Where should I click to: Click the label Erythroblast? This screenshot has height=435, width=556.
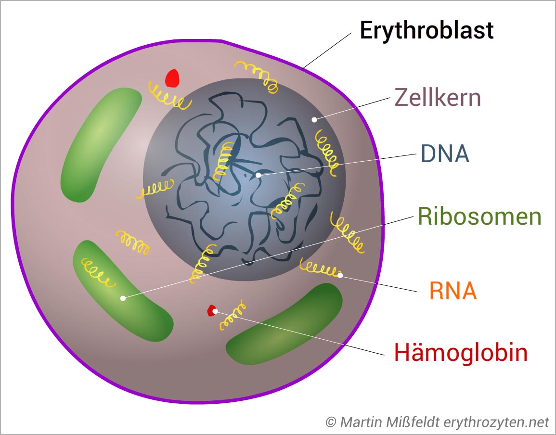(427, 30)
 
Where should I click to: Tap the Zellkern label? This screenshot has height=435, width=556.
(438, 97)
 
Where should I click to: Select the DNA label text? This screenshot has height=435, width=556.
(445, 154)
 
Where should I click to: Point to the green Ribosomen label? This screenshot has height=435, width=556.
(479, 216)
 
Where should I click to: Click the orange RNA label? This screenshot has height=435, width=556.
(453, 291)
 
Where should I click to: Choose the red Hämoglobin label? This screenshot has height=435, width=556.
(461, 352)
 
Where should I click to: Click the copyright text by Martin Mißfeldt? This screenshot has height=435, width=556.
(437, 422)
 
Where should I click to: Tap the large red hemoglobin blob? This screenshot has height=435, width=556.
(172, 78)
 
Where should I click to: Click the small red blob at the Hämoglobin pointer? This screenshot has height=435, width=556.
(212, 310)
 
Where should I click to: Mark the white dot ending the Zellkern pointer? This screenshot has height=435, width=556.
(314, 120)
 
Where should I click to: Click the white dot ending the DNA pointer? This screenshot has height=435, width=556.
(259, 175)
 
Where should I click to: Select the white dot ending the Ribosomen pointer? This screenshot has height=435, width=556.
(123, 298)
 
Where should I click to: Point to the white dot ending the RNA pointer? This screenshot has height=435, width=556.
(340, 275)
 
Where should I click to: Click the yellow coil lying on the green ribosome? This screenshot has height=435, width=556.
(98, 272)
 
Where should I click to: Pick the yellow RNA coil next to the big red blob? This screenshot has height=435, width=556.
(168, 96)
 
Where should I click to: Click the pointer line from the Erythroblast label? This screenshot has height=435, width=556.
(327, 51)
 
